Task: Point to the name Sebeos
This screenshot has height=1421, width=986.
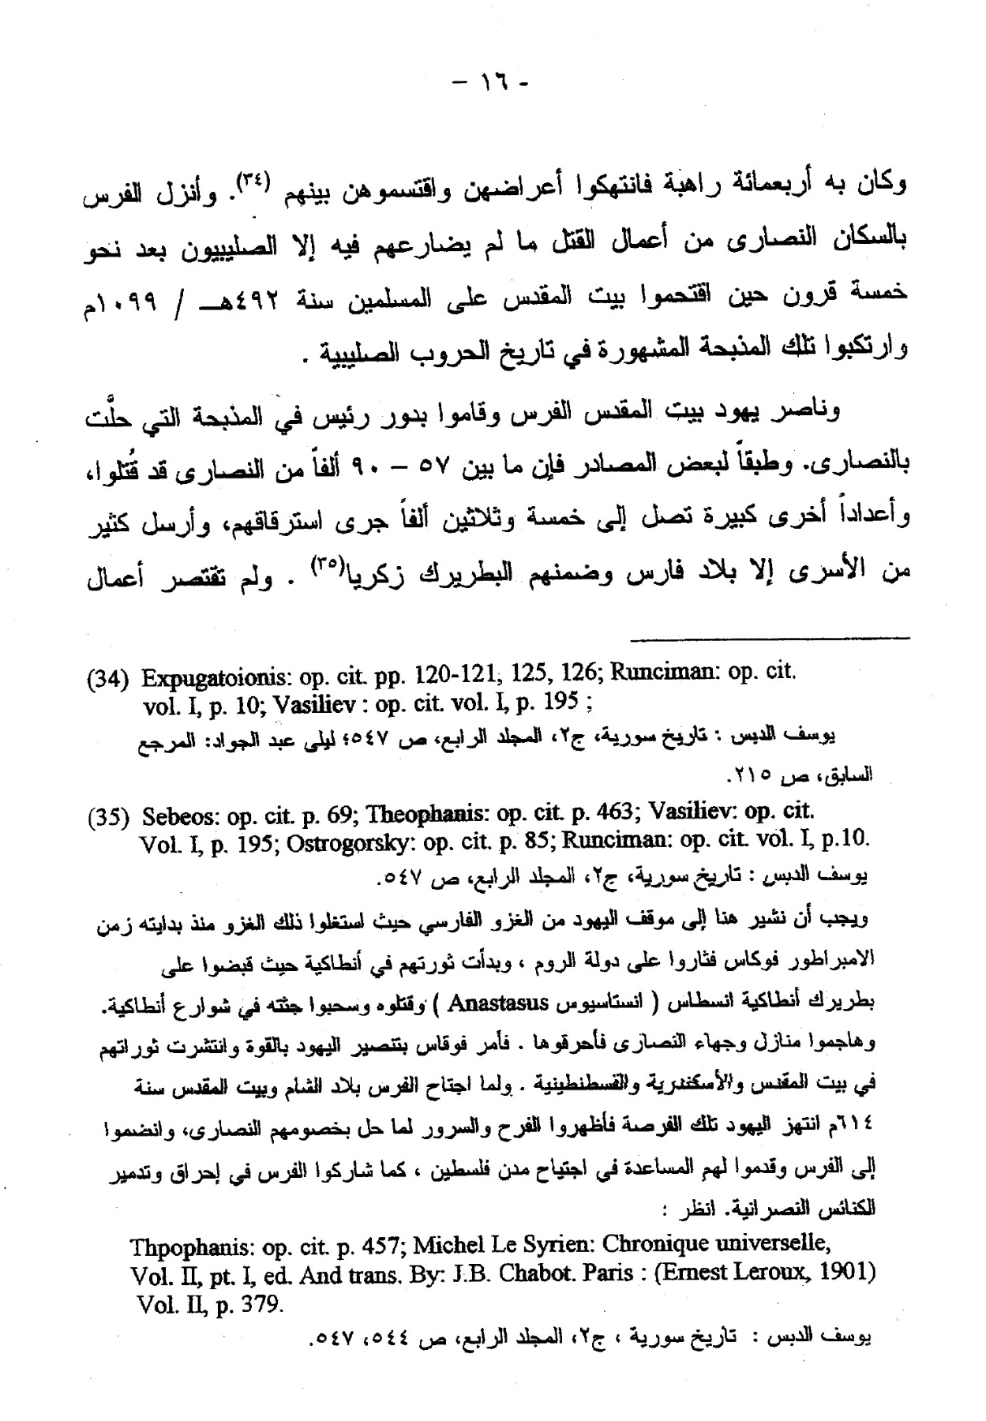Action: tap(180, 813)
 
